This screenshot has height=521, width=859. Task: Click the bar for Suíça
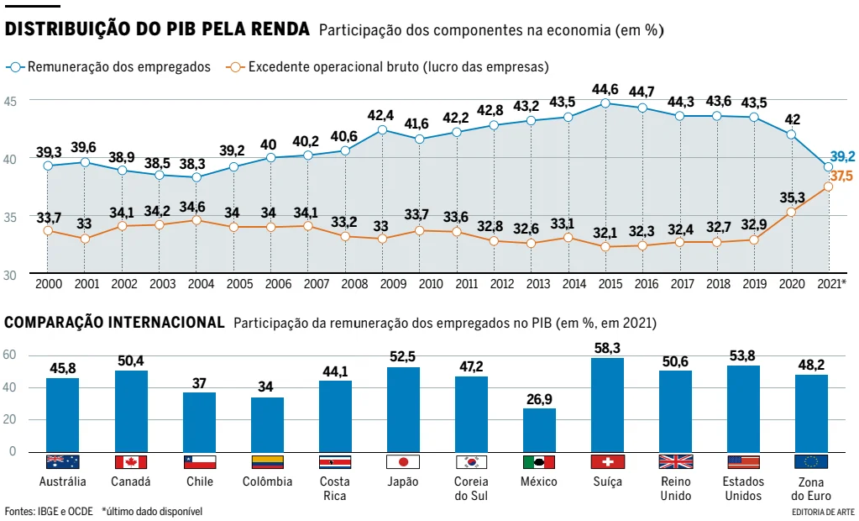(x=607, y=405)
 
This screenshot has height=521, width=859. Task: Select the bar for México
(x=539, y=430)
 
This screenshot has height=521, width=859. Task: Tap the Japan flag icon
(x=403, y=462)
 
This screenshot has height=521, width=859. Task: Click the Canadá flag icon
(x=130, y=462)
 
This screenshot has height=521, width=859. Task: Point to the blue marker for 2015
(x=605, y=103)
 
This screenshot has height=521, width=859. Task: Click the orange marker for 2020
(x=791, y=212)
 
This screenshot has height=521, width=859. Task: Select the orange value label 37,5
(x=841, y=176)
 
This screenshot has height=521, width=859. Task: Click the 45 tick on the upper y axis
(x=11, y=101)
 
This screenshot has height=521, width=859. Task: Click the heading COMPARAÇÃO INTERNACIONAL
(x=115, y=323)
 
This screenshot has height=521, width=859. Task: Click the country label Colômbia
(x=267, y=482)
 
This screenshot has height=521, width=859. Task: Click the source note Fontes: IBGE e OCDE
(x=49, y=511)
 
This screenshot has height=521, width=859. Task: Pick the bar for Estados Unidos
(x=743, y=408)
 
